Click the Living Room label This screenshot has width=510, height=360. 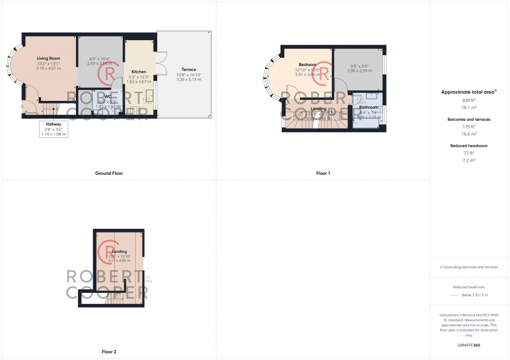point(48,58)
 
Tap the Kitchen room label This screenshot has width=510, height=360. point(138,72)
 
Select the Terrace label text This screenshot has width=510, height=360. point(188,70)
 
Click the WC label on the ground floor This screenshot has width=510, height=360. point(108,96)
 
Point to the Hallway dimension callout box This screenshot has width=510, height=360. point(54,128)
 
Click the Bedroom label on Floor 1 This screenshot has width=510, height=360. point(308,65)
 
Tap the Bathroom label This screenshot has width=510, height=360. point(368,107)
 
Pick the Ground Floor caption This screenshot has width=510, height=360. point(109,173)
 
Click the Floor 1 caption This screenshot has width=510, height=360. point(323,173)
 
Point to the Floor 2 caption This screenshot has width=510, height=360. point(109,352)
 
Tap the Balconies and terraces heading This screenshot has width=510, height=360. point(469,119)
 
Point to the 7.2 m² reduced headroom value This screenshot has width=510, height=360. point(469,160)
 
